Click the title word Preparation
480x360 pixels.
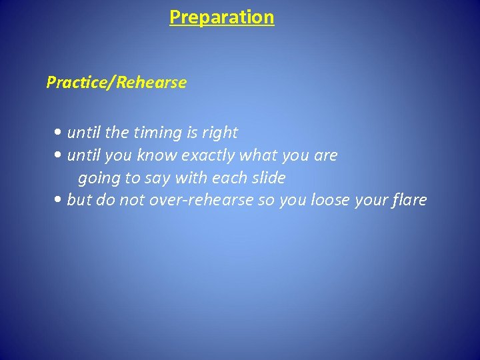pos(221,17)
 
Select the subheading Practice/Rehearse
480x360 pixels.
pos(116,83)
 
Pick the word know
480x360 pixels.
pos(153,156)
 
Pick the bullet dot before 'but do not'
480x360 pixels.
pos(61,200)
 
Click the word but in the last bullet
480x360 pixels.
pos(79,200)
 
